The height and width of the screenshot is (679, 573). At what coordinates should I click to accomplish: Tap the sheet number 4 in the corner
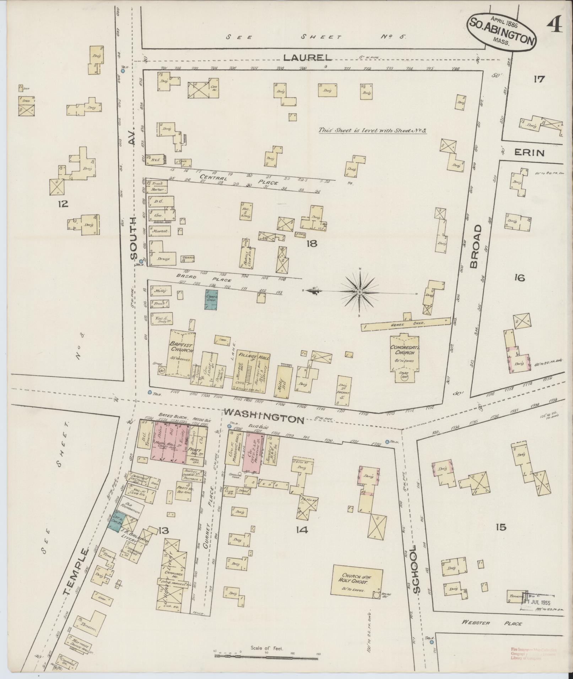555,25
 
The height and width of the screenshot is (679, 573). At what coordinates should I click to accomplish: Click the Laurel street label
307,58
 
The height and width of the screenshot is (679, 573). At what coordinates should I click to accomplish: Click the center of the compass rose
360,292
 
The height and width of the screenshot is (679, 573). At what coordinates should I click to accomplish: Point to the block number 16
519,278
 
